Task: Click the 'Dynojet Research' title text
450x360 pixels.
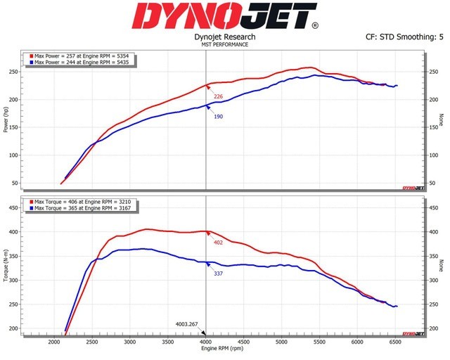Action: coord(225,37)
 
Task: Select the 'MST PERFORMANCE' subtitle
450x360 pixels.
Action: coord(225,44)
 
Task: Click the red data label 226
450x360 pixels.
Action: coord(218,96)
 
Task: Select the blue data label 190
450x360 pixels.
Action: coord(218,116)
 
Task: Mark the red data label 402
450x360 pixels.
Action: coord(218,243)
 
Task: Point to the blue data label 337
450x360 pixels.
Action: coord(218,273)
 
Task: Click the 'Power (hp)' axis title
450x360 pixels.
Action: coord(6,120)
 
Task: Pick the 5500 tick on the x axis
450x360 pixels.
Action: coord(319,342)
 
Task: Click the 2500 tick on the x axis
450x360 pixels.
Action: coord(91,342)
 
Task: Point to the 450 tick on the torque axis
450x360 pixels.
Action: coord(13,208)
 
